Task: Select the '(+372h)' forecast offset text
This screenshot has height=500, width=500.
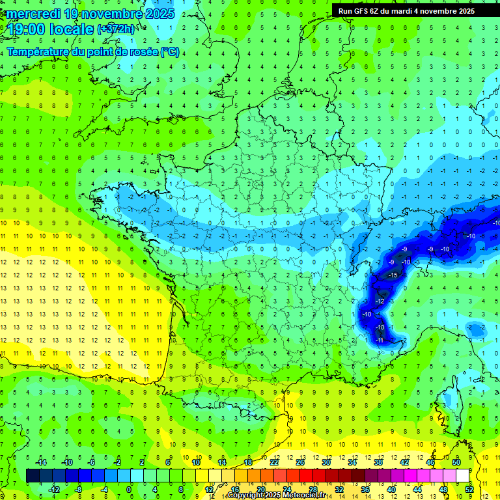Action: pos(116,29)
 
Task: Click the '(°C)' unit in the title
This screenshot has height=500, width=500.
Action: pos(170,52)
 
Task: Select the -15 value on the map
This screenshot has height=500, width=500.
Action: pos(393,275)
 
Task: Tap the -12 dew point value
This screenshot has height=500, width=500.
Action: pos(380,301)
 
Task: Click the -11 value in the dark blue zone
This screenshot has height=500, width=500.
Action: pos(380,340)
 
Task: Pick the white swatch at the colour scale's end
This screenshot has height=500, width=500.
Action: pos(462,476)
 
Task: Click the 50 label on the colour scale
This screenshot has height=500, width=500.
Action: pos(456,462)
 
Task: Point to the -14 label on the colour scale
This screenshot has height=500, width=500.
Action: pos(41,462)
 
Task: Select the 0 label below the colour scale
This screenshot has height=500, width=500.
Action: pos(128,490)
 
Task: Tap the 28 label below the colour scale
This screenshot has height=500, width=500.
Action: pos(312,490)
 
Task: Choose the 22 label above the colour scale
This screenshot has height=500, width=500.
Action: pos(274,462)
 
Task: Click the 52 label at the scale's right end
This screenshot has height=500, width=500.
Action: pos(469,490)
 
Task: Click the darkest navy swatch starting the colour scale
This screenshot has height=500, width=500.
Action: pos(33,476)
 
